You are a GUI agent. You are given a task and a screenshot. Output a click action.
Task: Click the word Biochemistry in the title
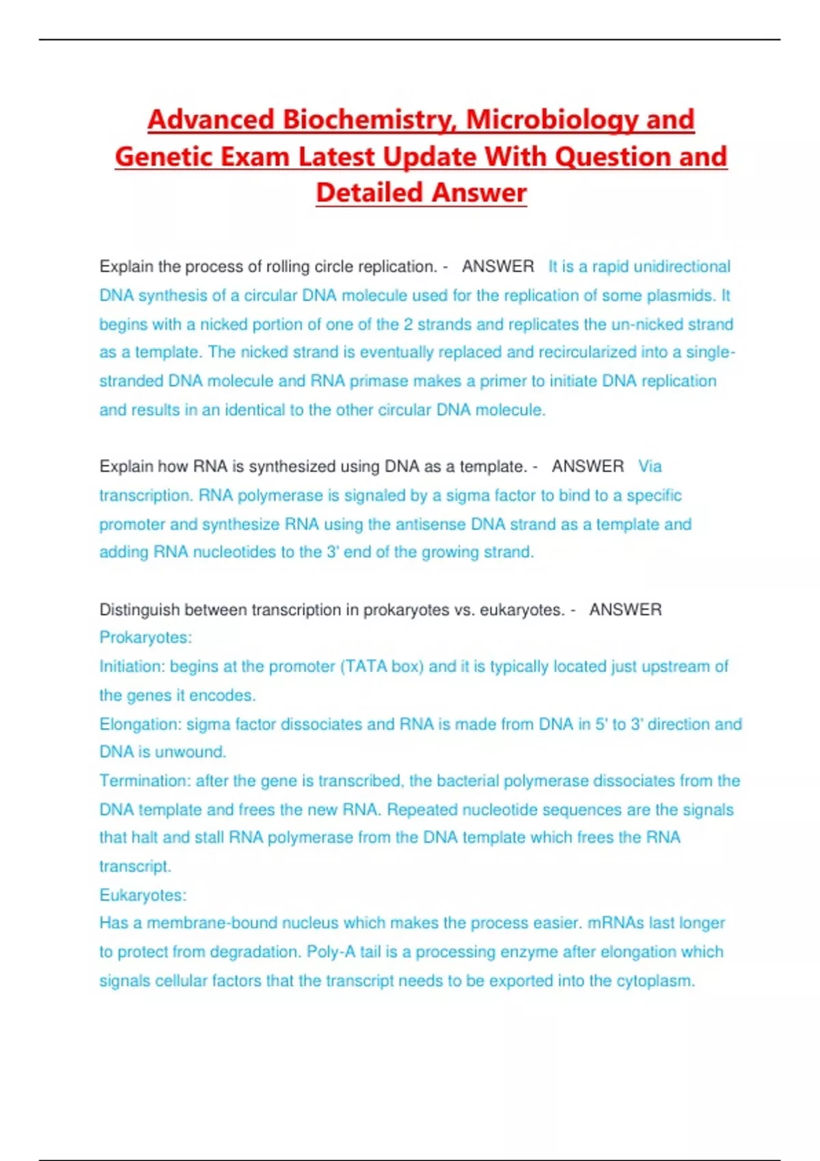[x=370, y=120]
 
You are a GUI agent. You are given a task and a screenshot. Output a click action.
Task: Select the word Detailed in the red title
[x=369, y=193]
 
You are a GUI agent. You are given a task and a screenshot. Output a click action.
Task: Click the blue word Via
[x=650, y=466]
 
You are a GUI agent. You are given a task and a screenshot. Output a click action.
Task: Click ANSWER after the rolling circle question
[x=497, y=266]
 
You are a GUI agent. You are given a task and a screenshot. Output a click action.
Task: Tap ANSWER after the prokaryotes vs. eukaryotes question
[x=625, y=610]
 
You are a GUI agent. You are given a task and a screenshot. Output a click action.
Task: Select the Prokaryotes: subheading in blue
[x=146, y=638]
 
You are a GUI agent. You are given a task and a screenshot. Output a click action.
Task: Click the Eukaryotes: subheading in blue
[x=143, y=895]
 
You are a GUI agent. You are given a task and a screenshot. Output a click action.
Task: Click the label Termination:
[x=145, y=781]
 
